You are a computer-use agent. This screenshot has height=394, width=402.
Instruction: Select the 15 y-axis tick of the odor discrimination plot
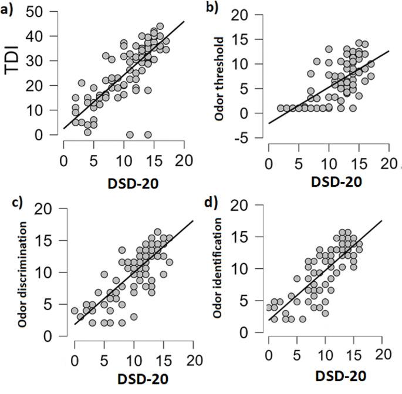(56, 241)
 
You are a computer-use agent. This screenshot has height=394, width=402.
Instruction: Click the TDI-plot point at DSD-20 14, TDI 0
(148, 134)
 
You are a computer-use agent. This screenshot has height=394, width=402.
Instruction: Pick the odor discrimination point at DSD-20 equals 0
(75, 311)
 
